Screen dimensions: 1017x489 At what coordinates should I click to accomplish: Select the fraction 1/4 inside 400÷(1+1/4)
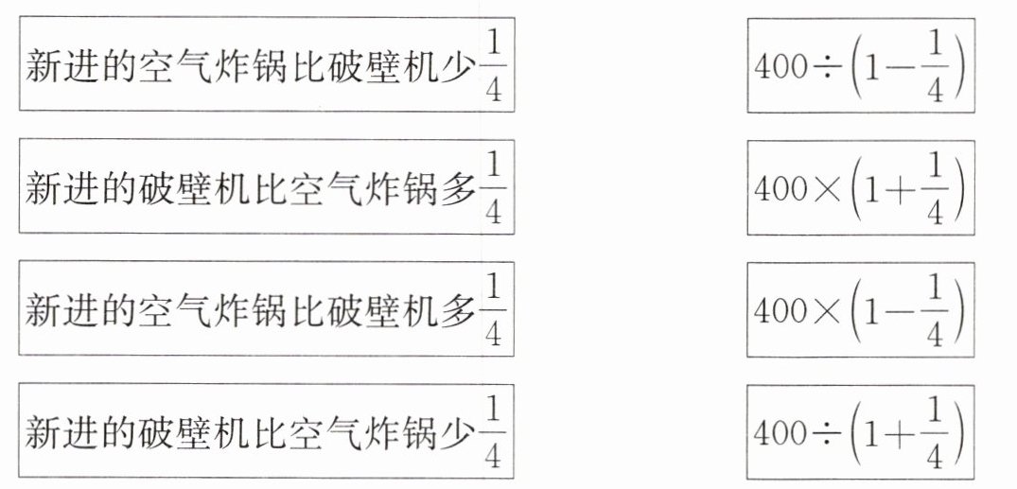[935, 432]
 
